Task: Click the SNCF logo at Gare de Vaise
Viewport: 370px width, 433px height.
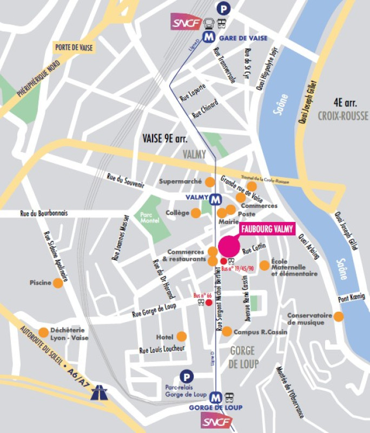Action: tap(184, 23)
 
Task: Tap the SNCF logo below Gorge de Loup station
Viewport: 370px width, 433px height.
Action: tap(216, 422)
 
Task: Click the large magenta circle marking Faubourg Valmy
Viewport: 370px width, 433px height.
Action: tap(229, 246)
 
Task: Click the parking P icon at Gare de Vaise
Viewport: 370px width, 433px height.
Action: tap(222, 8)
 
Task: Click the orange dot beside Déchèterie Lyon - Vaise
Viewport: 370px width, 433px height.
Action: tap(43, 332)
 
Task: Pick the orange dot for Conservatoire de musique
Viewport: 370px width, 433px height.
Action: tap(339, 317)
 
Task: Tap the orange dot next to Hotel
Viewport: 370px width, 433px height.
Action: tap(181, 336)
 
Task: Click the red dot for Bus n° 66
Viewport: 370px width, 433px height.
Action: tap(208, 303)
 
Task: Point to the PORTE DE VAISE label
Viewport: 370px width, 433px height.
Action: tap(74, 48)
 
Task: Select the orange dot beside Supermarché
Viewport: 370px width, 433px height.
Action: tap(209, 181)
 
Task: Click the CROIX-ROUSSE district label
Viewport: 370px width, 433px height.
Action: tap(342, 116)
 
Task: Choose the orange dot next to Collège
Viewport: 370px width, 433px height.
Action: tap(196, 213)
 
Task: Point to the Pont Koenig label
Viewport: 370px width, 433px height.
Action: tap(352, 297)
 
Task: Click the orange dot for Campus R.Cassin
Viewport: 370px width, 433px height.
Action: tap(227, 331)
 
